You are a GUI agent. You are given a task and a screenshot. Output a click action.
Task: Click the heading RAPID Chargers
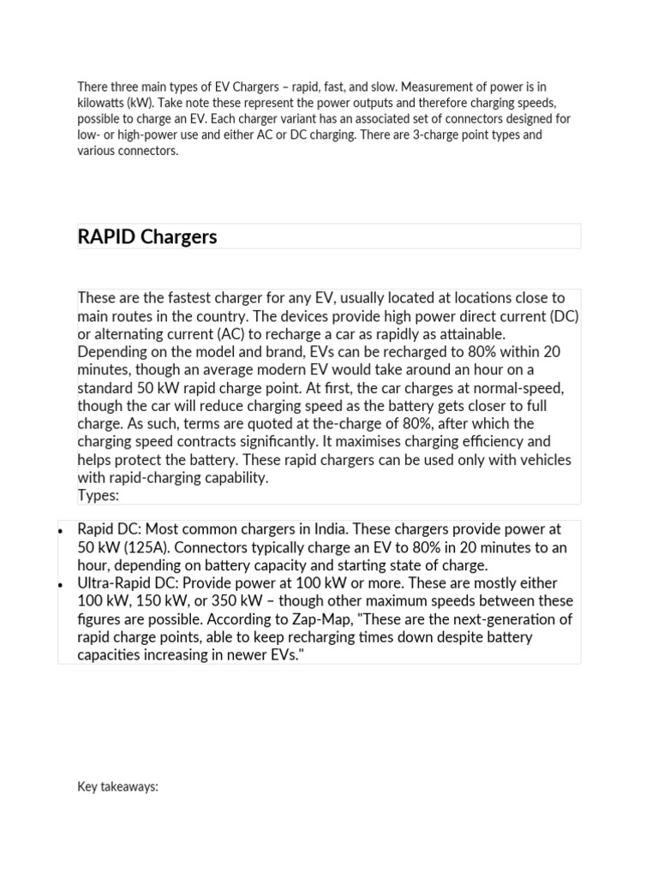click(147, 237)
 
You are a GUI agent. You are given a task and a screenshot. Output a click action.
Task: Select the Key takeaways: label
click(117, 787)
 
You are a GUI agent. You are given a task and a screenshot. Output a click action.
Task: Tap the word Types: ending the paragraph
click(99, 496)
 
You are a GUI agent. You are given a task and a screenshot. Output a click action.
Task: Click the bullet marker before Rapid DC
click(60, 530)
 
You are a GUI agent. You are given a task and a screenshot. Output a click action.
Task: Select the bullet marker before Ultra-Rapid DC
click(60, 584)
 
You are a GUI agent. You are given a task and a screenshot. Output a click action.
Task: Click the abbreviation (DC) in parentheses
click(565, 316)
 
